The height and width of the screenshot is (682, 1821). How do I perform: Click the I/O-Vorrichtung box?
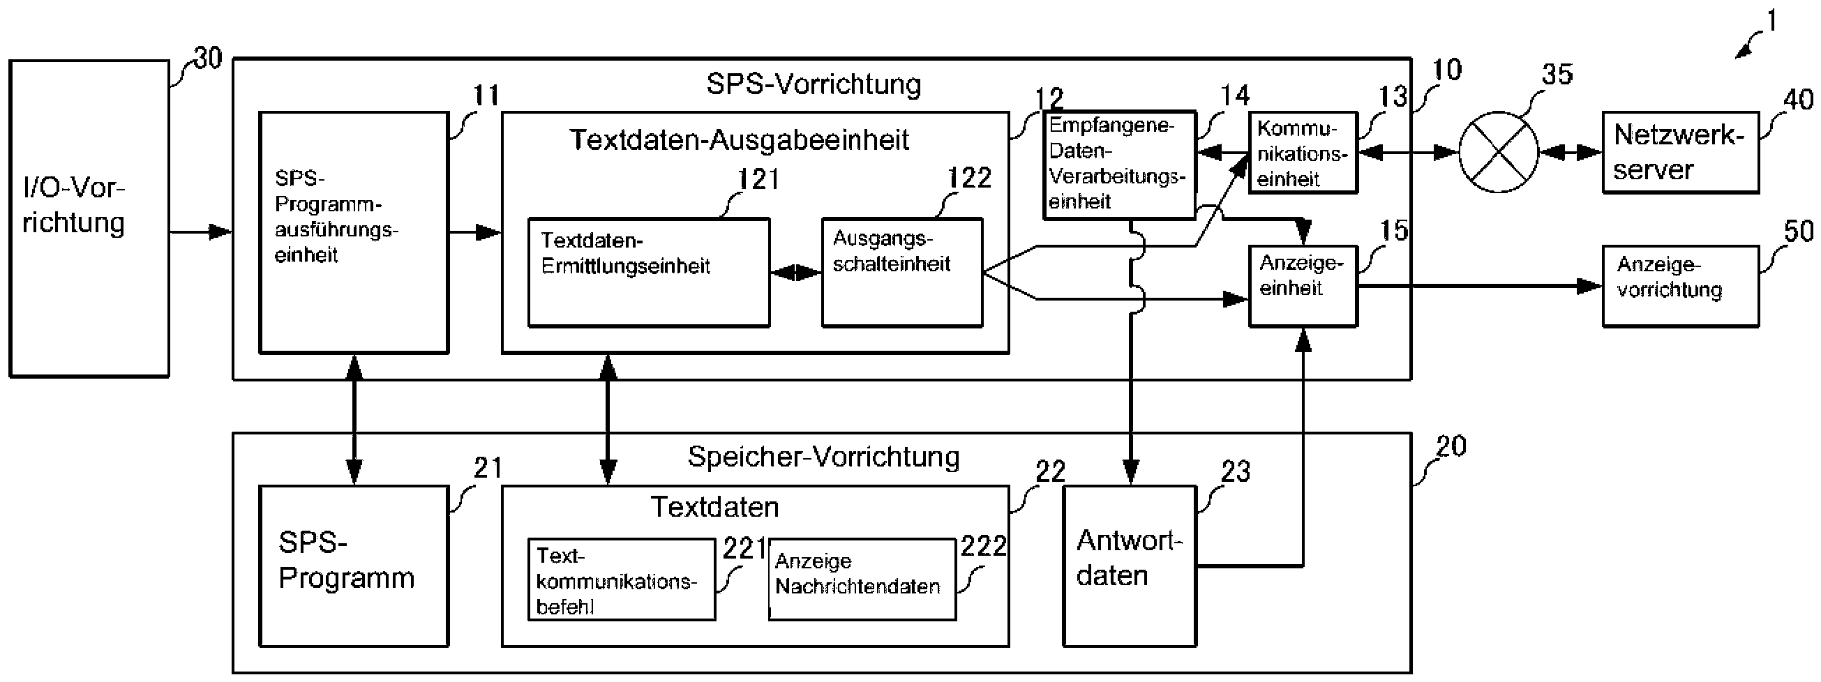[x=89, y=218]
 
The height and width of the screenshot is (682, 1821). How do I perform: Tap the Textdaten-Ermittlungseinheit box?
[x=648, y=272]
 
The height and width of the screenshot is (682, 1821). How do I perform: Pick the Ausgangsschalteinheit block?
[x=901, y=272]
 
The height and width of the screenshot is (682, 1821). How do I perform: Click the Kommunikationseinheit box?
[x=1302, y=152]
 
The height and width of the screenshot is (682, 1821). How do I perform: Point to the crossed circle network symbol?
[x=1498, y=152]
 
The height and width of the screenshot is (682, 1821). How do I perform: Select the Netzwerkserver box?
[x=1679, y=152]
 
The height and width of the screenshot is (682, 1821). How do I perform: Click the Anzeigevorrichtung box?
[x=1679, y=285]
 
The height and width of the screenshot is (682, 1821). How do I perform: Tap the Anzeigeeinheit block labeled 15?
[x=1302, y=285]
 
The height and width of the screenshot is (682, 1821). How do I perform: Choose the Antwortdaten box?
[x=1129, y=566]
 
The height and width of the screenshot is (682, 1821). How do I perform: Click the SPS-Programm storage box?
[x=354, y=566]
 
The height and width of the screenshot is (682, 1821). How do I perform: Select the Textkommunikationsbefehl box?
[x=622, y=579]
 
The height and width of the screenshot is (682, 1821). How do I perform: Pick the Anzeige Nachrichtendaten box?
[x=862, y=579]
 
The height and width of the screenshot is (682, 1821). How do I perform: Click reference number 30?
[x=208, y=58]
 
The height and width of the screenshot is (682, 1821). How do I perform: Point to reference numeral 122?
[x=969, y=178]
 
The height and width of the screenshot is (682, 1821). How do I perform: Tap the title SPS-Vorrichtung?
[x=813, y=84]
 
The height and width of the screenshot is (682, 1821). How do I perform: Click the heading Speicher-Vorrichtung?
[x=823, y=457]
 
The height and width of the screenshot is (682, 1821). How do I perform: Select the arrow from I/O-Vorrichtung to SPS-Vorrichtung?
[x=201, y=232]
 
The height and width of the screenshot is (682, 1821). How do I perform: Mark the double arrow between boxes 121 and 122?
[x=796, y=272]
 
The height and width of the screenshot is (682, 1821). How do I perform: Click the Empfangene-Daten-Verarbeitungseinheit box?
[x=1119, y=164]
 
